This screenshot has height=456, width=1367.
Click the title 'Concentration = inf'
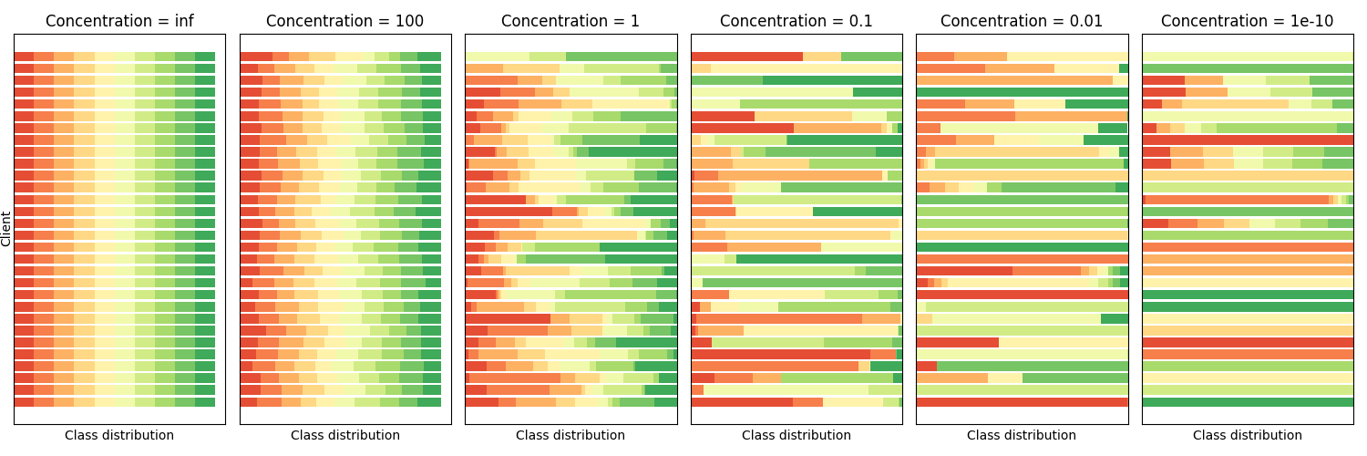point(119,21)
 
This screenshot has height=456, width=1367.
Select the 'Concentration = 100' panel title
point(345,21)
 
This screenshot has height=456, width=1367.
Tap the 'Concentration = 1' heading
point(570,21)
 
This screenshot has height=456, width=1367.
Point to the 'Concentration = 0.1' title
point(797,21)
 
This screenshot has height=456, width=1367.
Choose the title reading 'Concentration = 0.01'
point(1022,21)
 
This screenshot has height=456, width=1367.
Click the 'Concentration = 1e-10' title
point(1248,21)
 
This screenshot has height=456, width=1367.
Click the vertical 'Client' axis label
point(6,229)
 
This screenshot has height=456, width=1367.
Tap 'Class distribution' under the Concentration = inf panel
point(119,436)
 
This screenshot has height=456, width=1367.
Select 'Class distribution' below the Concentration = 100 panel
point(345,436)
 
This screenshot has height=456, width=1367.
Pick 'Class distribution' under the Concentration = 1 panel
point(570,436)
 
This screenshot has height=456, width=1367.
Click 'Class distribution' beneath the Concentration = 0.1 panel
point(797,436)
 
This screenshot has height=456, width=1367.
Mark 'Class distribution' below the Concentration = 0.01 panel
point(1022,436)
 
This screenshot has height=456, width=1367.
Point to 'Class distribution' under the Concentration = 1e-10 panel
point(1248,436)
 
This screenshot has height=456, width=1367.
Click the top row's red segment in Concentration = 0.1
point(746,57)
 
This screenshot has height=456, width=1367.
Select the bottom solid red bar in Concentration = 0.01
point(1022,402)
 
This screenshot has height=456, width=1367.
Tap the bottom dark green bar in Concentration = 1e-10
point(1248,402)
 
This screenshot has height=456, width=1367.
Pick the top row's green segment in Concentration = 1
point(622,57)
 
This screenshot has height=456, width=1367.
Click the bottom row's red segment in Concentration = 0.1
point(742,402)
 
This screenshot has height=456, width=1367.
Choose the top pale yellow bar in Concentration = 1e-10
point(1248,57)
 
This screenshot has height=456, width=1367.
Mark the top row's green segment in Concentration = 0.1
point(871,57)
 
